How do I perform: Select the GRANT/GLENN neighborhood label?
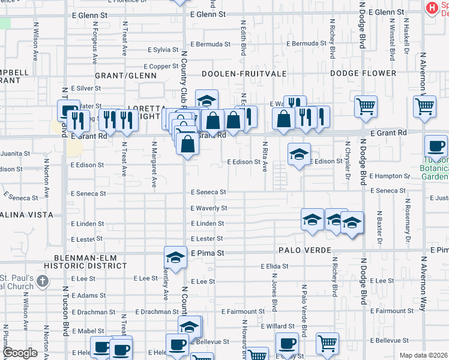[x=125, y=76]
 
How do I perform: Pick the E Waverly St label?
[x=209, y=208]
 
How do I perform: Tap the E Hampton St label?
[x=390, y=176]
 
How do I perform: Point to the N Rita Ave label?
[x=264, y=157]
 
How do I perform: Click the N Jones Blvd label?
[x=274, y=296]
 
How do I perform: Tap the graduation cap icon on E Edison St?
[x=299, y=155]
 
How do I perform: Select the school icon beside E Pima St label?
[x=175, y=257]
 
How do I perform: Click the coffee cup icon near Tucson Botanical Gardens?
[x=436, y=146]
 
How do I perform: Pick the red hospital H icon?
[x=432, y=7]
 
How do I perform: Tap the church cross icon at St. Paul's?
[x=42, y=280]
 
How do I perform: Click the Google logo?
[x=19, y=353]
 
